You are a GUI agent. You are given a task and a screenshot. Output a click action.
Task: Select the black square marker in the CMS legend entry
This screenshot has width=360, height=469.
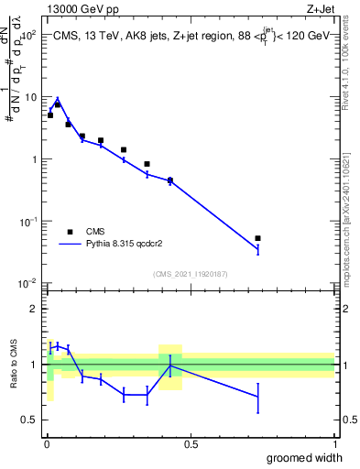point(70,232)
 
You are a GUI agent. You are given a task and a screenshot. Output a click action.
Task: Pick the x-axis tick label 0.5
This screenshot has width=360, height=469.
point(191,444)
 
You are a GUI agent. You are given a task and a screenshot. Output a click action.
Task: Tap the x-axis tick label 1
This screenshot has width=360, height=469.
point(334,444)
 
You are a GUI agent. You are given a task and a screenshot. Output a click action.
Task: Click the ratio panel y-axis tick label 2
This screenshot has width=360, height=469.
point(34,309)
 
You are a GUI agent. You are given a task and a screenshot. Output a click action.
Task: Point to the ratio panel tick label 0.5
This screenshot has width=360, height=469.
point(29,420)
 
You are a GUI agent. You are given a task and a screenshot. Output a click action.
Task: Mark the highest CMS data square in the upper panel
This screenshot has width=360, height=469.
point(57,104)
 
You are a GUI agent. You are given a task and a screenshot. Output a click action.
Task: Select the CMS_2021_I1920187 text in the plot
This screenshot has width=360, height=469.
point(190,274)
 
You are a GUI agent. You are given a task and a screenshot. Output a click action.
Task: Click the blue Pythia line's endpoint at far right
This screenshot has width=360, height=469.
point(257,249)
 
